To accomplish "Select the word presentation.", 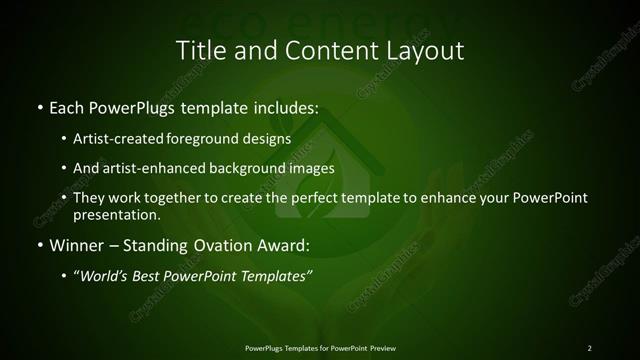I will coord(116,214).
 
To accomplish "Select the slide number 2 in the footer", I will coord(589,348).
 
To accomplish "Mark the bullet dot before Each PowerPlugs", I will coord(39,106).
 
